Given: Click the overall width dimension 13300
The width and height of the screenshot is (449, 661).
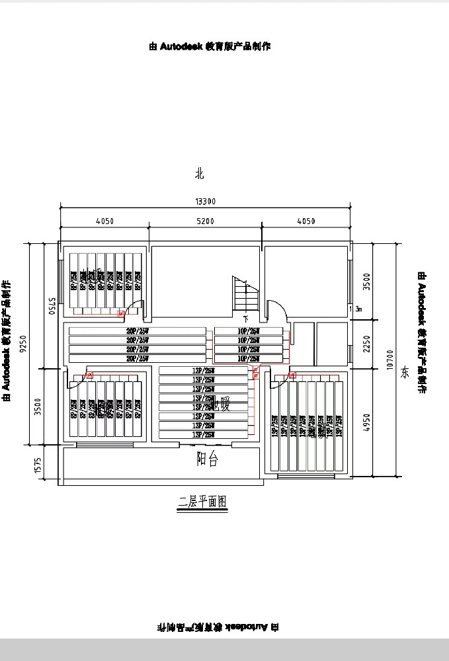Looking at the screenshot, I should tap(206, 202).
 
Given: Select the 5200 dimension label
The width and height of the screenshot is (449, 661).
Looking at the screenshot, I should tap(206, 221).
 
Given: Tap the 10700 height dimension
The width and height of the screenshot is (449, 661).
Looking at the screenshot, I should tap(389, 359).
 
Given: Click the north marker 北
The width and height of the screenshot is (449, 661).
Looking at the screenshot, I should tap(200, 174).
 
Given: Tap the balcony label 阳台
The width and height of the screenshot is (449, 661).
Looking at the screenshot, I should tap(207, 460).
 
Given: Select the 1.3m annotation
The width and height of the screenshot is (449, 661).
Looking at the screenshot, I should tap(357, 309).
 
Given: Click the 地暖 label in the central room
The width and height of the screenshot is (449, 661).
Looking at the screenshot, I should tap(219, 406).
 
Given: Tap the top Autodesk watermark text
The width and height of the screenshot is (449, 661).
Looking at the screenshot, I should tap(210, 46).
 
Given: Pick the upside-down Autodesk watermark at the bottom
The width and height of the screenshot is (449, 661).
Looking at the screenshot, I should tap(218, 626).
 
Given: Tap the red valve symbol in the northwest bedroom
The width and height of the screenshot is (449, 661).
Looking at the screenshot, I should tap(120, 313).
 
